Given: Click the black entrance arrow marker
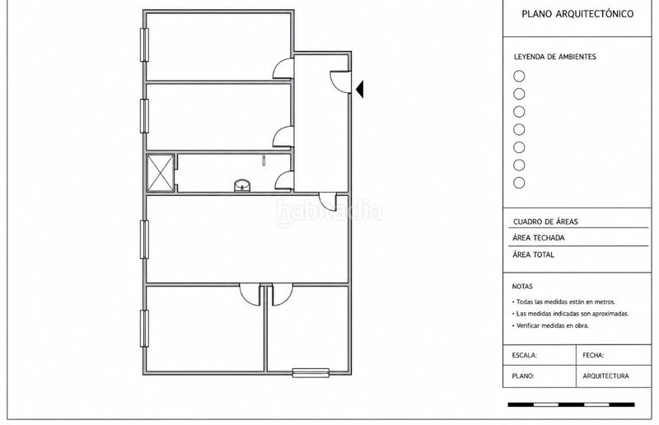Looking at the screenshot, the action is pyautogui.click(x=360, y=89).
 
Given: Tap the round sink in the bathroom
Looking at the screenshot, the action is pyautogui.click(x=242, y=185).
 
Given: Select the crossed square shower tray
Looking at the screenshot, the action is pyautogui.click(x=160, y=173).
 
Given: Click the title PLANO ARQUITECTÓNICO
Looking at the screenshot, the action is pyautogui.click(x=577, y=14).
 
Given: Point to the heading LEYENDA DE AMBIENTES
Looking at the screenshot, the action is pyautogui.click(x=554, y=57).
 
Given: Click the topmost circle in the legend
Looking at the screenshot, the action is pyautogui.click(x=520, y=76).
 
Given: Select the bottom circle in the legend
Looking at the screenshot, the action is pyautogui.click(x=520, y=183).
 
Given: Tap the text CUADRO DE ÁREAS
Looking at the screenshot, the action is pyautogui.click(x=545, y=222).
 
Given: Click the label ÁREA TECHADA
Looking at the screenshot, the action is pyautogui.click(x=539, y=238).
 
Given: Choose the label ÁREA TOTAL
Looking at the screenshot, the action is pyautogui.click(x=533, y=255).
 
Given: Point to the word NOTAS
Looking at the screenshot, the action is pyautogui.click(x=522, y=287).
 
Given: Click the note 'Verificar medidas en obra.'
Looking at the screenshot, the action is pyautogui.click(x=550, y=326).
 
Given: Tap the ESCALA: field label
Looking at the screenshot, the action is pyautogui.click(x=525, y=356).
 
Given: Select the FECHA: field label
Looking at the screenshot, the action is pyautogui.click(x=593, y=356).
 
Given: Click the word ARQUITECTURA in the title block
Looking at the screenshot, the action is pyautogui.click(x=605, y=376).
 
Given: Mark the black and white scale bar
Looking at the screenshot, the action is pyautogui.click(x=571, y=405).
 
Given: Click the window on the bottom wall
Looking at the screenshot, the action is pyautogui.click(x=311, y=372).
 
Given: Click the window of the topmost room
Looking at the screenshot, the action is pyautogui.click(x=144, y=44).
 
